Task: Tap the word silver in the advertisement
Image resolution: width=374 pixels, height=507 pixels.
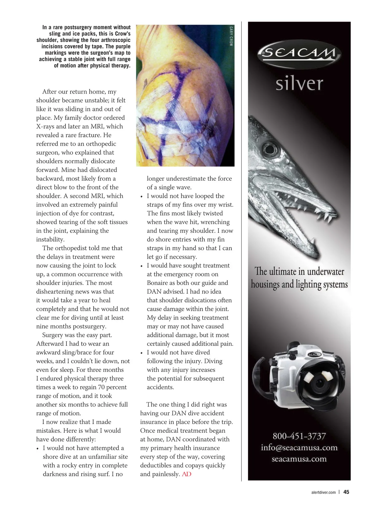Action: (x=299, y=83)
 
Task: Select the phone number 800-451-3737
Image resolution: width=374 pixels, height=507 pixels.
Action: (x=299, y=436)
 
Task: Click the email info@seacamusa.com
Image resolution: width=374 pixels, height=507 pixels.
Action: (x=299, y=448)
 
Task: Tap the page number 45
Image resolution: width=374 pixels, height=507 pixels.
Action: (x=346, y=492)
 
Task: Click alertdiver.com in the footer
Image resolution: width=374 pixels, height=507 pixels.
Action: (x=324, y=492)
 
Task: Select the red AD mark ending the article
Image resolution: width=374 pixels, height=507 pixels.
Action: (x=186, y=474)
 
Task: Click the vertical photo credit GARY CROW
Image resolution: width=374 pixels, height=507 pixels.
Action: (x=231, y=36)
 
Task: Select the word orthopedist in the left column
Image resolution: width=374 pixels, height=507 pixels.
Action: (x=71, y=248)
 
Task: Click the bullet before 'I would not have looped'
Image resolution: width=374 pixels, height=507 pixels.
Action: (x=141, y=197)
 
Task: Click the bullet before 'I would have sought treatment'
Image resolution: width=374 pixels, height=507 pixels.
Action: (x=141, y=266)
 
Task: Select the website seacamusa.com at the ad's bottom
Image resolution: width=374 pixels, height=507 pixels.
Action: (x=299, y=459)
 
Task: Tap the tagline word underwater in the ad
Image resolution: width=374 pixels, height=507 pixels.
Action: (x=325, y=271)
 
